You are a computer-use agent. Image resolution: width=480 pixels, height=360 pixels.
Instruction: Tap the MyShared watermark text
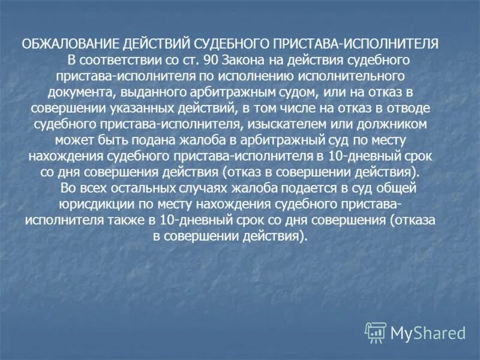pyautogui.click(x=428, y=332)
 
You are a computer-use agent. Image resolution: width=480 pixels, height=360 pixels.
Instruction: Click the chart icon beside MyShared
pyautogui.click(x=376, y=332)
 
